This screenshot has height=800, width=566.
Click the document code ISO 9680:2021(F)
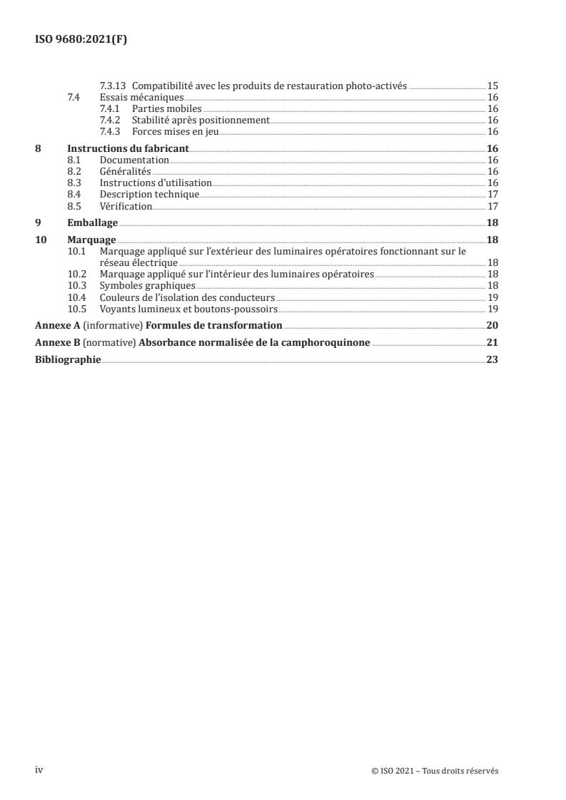pyautogui.click(x=81, y=40)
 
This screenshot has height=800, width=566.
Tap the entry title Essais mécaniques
pyautogui.click(x=132, y=97)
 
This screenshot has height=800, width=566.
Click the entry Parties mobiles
pyautogui.click(x=166, y=108)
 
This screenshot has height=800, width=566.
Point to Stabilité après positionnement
pyautogui.click(x=201, y=120)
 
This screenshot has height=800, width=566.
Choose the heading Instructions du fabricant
pyautogui.click(x=128, y=149)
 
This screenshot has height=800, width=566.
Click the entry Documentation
pyautogui.click(x=134, y=160)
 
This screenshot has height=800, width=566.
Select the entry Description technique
pyautogui.click(x=149, y=195)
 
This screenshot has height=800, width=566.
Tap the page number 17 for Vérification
pyautogui.click(x=492, y=206)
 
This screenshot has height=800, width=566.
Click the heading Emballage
pyautogui.click(x=92, y=222)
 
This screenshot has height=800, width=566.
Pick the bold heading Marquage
pyautogui.click(x=92, y=240)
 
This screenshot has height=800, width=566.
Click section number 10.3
pyautogui.click(x=76, y=286)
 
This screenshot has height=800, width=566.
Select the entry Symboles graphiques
pyautogui.click(x=147, y=286)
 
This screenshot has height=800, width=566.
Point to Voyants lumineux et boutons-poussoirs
pyautogui.click(x=188, y=309)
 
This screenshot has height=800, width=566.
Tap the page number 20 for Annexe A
pyautogui.click(x=492, y=326)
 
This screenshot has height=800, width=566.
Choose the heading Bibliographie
pyautogui.click(x=68, y=360)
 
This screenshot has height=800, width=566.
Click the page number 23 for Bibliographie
pyautogui.click(x=492, y=360)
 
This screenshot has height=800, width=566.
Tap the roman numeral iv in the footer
pyautogui.click(x=40, y=769)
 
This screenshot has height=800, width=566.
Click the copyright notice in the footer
pyautogui.click(x=435, y=770)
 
